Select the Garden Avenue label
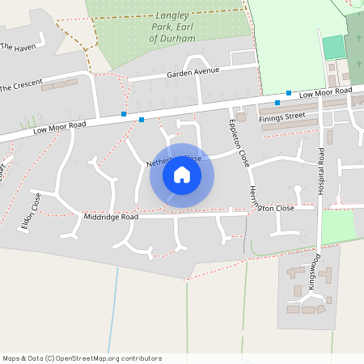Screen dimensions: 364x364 coord(193,73)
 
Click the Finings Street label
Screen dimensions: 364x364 coord(281,117)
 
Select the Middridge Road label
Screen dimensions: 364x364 coord(111,218)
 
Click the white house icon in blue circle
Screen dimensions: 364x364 coord(182,175)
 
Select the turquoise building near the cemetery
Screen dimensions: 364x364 coord(333,47)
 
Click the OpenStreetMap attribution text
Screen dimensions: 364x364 coord(82,358)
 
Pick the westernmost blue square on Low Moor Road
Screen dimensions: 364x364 coord(124,114)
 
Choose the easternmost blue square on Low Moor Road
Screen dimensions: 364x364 coord(289,93)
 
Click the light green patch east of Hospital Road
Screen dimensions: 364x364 coord(339,226)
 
